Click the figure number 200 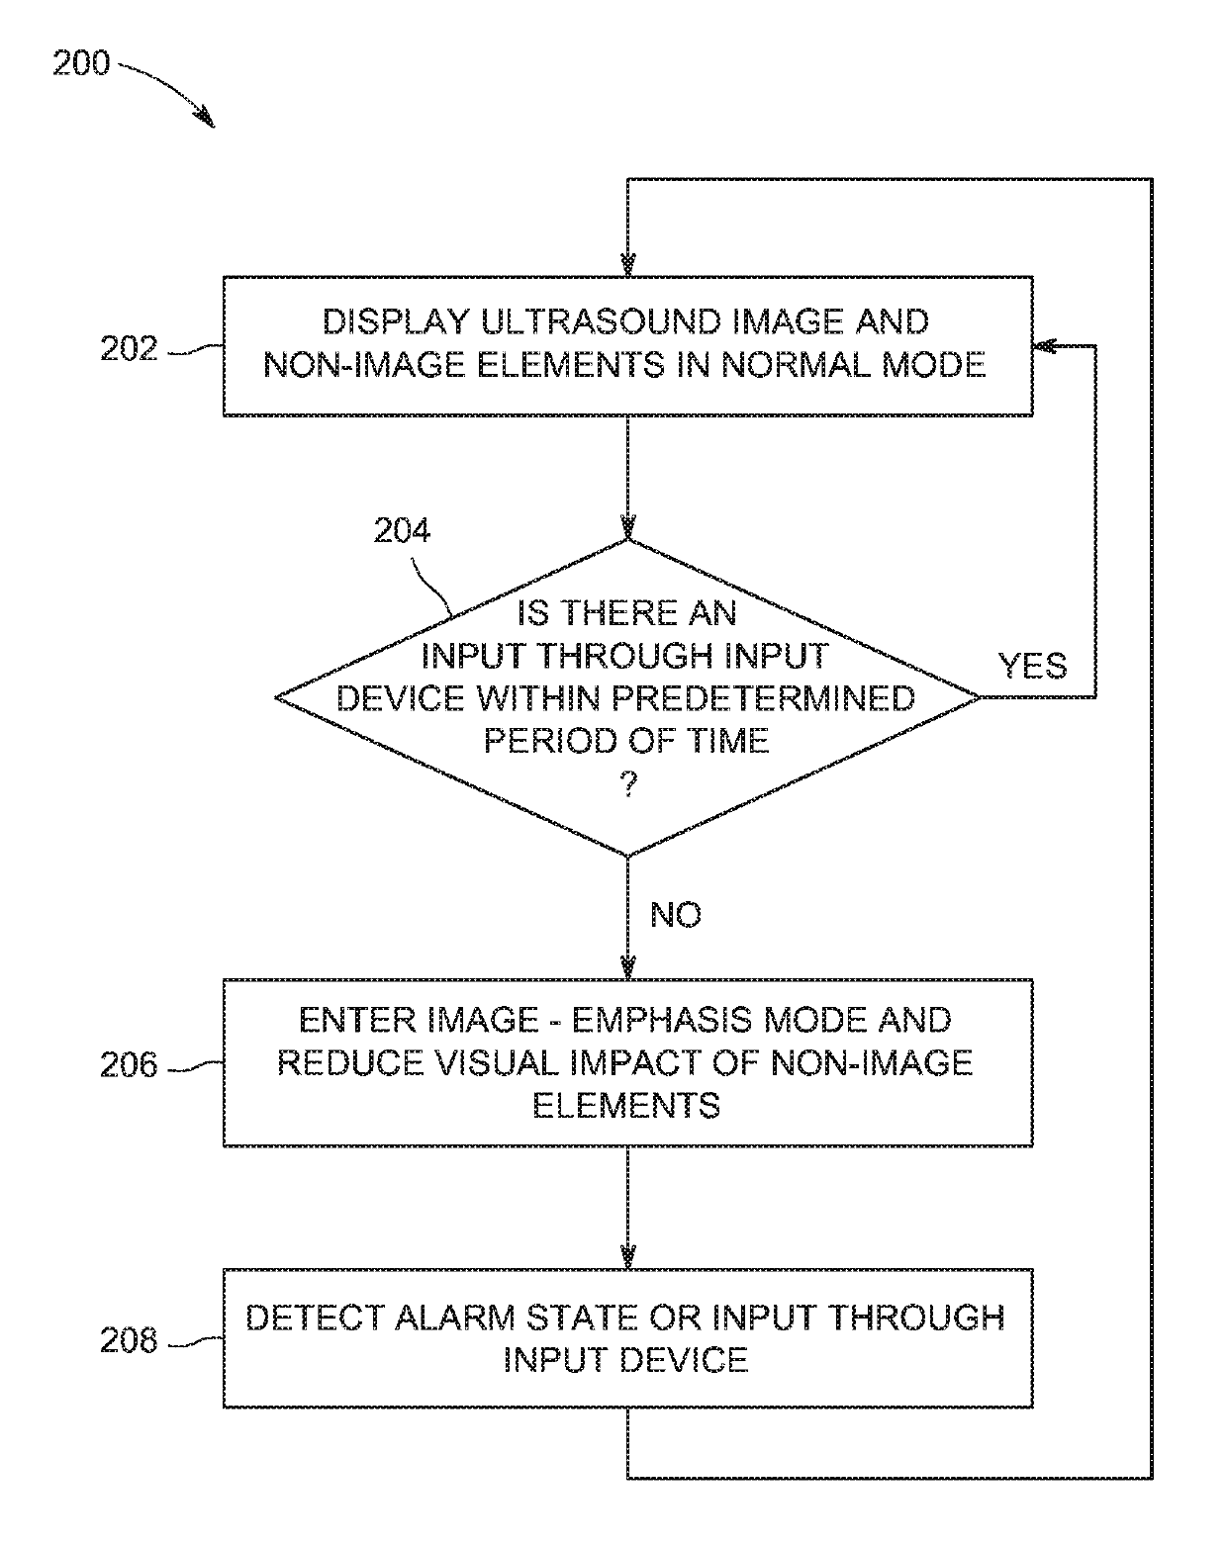pyautogui.click(x=81, y=64)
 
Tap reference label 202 pyautogui.click(x=129, y=349)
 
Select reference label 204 pyautogui.click(x=402, y=532)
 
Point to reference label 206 pyautogui.click(x=129, y=1064)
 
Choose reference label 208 pyautogui.click(x=129, y=1340)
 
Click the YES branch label pyautogui.click(x=1032, y=666)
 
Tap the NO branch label pyautogui.click(x=676, y=915)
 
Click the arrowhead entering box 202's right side pyautogui.click(x=1045, y=347)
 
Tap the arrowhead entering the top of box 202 pyautogui.click(x=627, y=265)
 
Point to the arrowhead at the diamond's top pyautogui.click(x=627, y=527)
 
